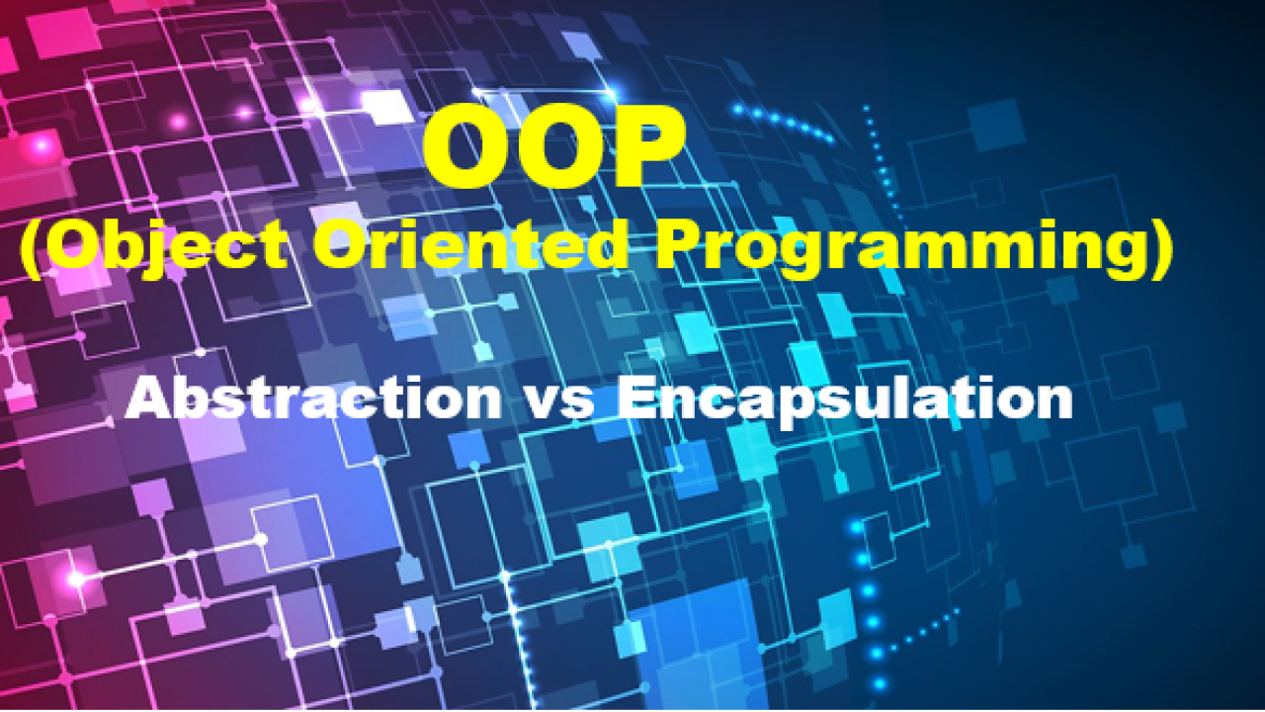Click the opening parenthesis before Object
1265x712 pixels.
coord(32,247)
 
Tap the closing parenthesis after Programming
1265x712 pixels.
coord(1161,247)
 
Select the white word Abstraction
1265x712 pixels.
coord(314,398)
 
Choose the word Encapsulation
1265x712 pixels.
coord(845,400)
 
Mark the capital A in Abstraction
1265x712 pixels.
coord(148,398)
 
